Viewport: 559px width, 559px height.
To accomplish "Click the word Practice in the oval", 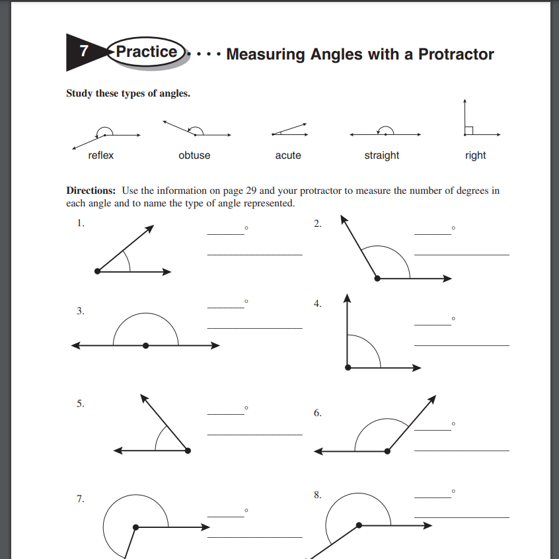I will tap(147, 52).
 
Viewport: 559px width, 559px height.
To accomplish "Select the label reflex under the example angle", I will tap(101, 155).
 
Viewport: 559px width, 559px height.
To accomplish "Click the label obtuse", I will tap(194, 155).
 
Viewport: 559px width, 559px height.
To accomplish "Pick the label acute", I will tap(288, 155).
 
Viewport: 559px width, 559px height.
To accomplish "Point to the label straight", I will tap(381, 155).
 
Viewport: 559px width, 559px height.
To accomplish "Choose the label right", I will tap(475, 155).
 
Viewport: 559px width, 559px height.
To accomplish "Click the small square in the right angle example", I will tap(468, 130).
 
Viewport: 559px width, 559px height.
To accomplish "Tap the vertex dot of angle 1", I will tap(98, 271).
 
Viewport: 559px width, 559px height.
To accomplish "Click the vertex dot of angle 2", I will tap(377, 279).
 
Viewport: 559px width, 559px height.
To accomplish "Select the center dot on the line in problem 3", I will tap(145, 345).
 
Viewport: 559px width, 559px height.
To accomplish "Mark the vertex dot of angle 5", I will tap(188, 451).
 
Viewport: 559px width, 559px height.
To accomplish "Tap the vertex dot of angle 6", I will tap(388, 451).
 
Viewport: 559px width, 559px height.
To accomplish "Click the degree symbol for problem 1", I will tap(246, 228).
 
